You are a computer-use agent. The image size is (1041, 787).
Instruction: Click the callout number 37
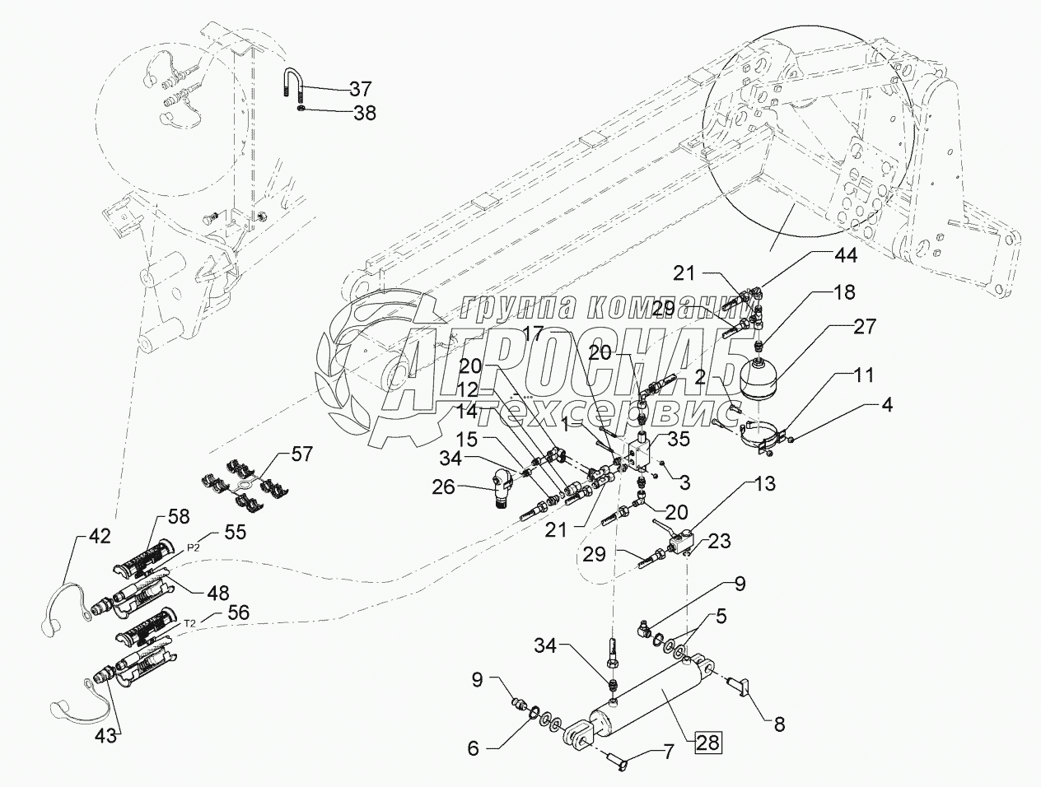(360, 88)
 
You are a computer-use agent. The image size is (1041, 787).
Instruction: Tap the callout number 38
(364, 113)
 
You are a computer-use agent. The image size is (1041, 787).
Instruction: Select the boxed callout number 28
(707, 743)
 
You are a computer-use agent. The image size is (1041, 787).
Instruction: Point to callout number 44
(845, 255)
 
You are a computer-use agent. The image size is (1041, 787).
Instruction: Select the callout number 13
(764, 484)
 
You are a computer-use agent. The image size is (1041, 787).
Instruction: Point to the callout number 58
(180, 516)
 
